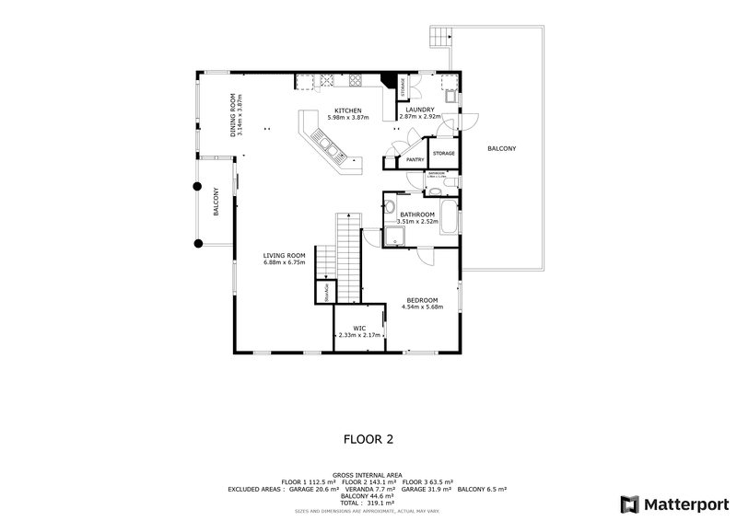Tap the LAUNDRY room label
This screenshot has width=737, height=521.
419,110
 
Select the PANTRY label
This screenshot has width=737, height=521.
415,160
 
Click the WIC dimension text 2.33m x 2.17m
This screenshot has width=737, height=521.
352,335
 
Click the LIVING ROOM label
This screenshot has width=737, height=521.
284,256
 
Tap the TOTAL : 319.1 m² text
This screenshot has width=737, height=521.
368,504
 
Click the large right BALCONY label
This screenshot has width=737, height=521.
501,149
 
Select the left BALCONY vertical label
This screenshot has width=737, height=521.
216,202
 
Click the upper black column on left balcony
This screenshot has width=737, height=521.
196,186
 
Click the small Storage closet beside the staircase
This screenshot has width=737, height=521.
324,293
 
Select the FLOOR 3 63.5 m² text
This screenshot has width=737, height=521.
425,482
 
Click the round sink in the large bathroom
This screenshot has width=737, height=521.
390,206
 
